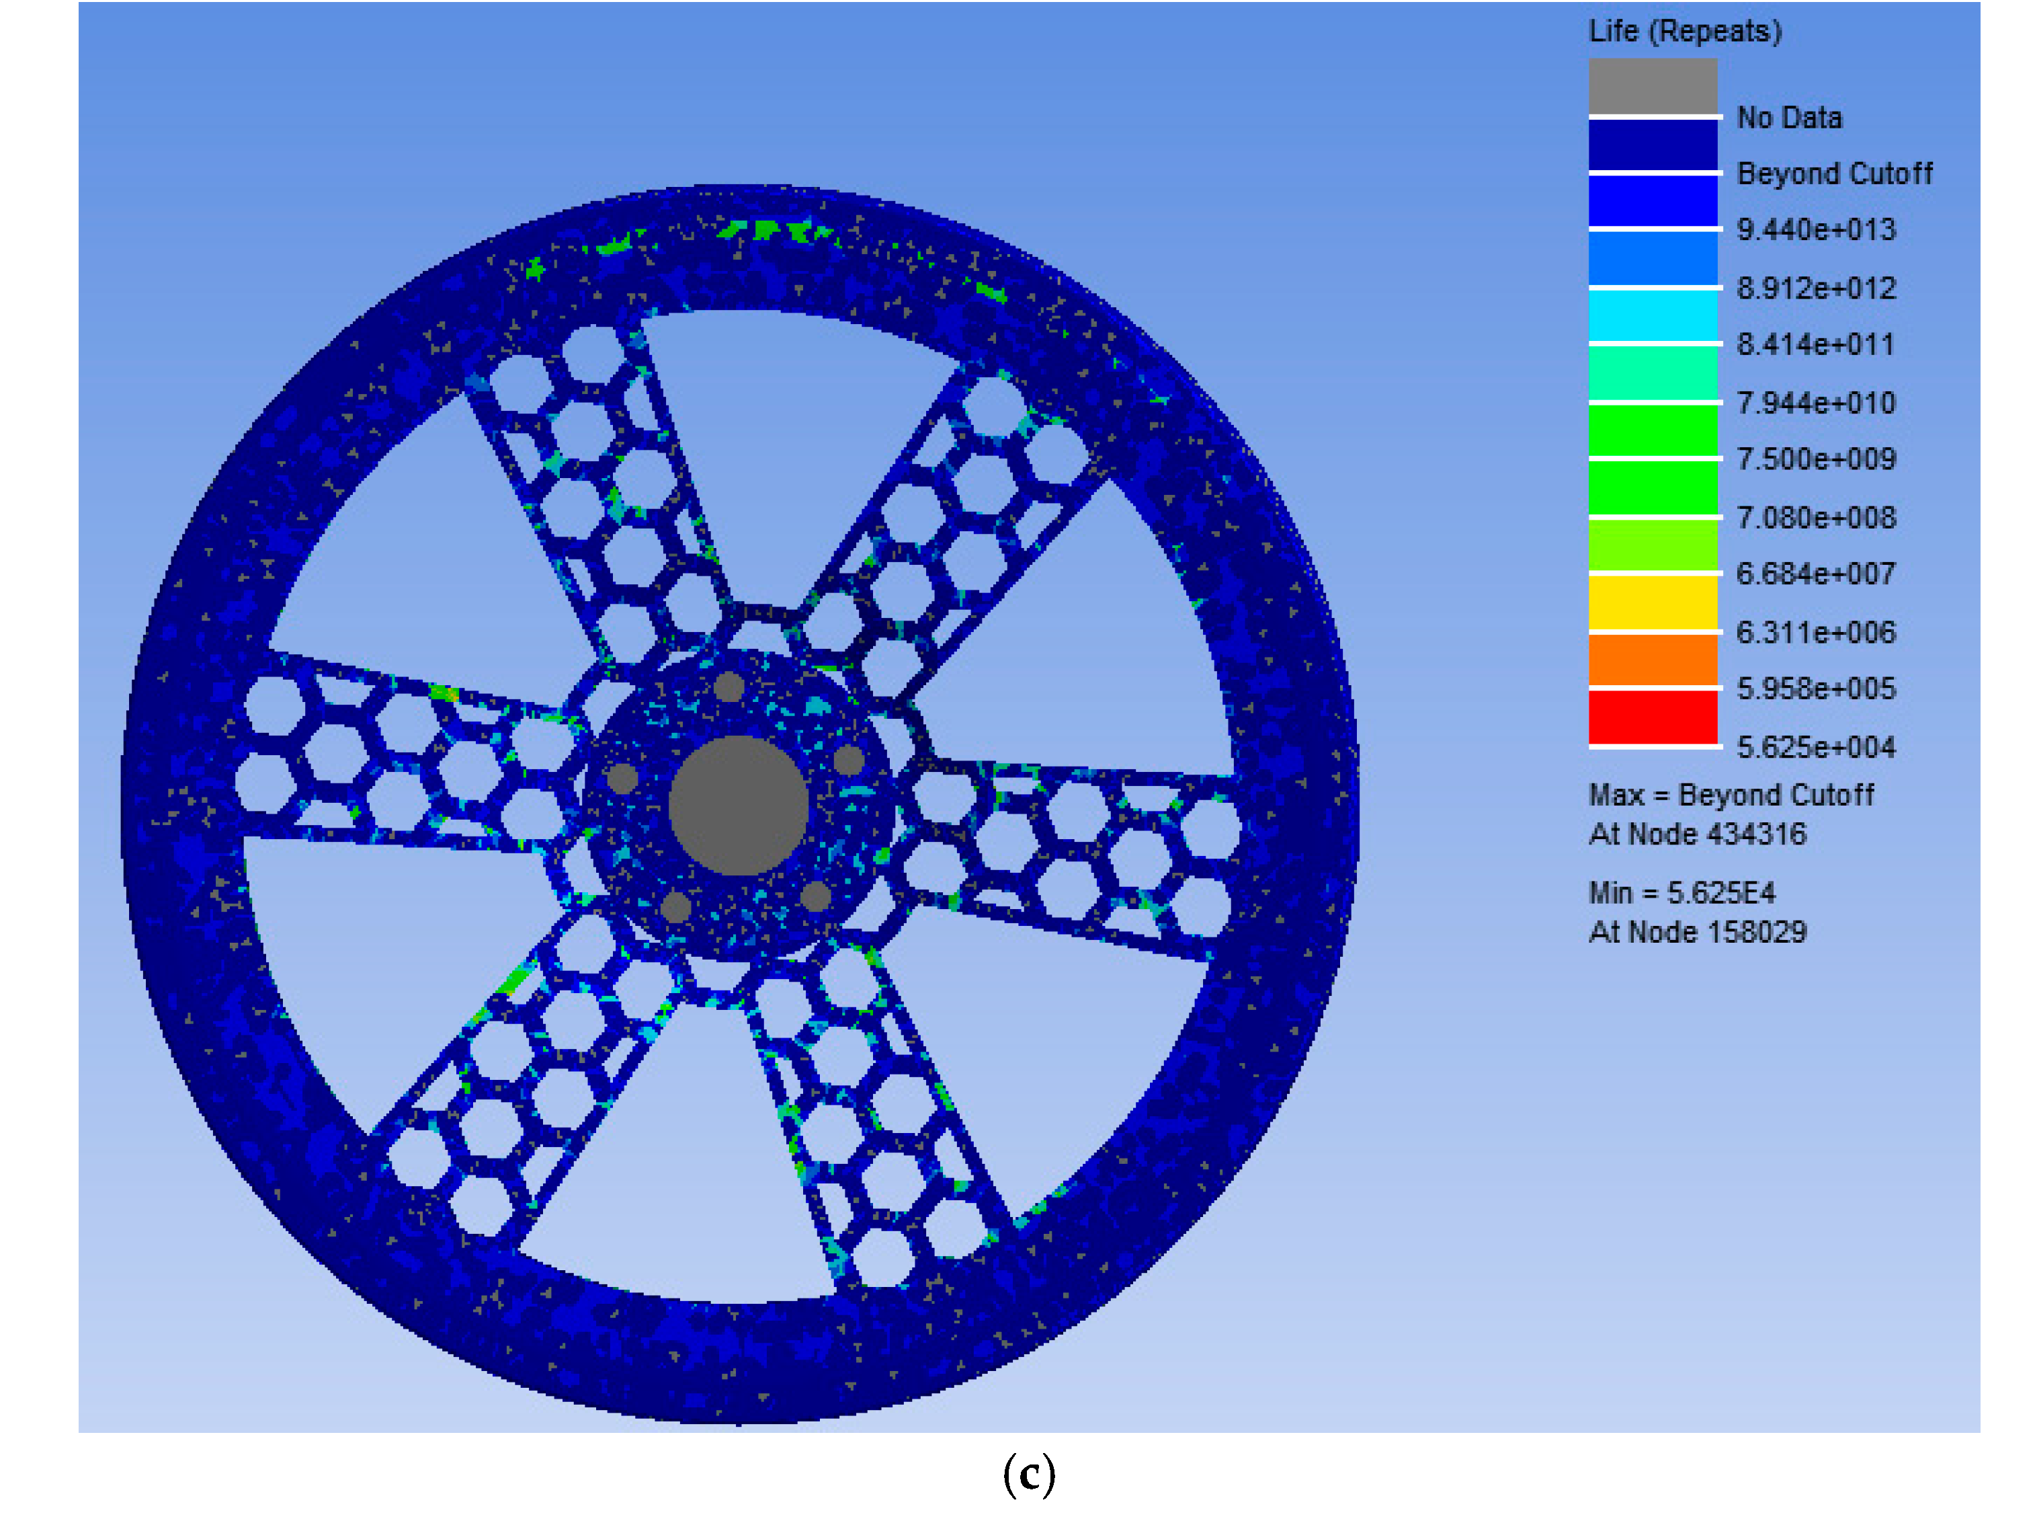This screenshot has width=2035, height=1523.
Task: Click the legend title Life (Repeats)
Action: (x=1684, y=32)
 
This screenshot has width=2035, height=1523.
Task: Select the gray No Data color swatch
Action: (x=1653, y=87)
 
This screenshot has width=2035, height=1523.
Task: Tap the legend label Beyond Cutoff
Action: (x=1833, y=173)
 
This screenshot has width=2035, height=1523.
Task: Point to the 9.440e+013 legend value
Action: (x=1815, y=229)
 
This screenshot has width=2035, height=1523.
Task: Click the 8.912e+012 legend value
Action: (x=1815, y=288)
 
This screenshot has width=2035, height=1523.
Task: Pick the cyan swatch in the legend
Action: (x=1653, y=315)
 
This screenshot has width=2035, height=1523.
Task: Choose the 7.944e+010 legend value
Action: (x=1815, y=402)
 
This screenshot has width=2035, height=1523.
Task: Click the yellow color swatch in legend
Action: (x=1653, y=602)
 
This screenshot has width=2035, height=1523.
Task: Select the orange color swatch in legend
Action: (x=1653, y=659)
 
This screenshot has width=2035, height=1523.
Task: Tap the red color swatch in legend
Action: (x=1653, y=717)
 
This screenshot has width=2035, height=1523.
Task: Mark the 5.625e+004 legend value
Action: (x=1815, y=746)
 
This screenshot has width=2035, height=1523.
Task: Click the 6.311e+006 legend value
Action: (x=1815, y=632)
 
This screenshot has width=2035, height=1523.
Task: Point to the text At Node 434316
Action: (x=1696, y=834)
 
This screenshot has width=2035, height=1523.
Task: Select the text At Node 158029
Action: (x=1696, y=931)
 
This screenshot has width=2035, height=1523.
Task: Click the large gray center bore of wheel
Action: (x=738, y=806)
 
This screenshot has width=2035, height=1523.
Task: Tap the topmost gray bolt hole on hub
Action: (x=729, y=687)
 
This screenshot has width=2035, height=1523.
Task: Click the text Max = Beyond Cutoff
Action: (x=1730, y=794)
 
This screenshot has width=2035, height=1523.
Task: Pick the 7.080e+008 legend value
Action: (x=1815, y=517)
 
